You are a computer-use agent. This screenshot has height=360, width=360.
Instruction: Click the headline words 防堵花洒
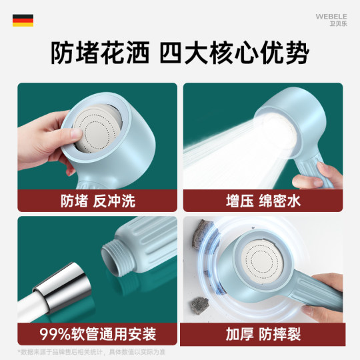click(99, 55)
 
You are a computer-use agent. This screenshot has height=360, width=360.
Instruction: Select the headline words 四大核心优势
click(244, 55)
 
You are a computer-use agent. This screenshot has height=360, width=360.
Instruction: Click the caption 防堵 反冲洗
click(97, 200)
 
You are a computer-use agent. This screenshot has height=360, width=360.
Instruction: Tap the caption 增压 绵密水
click(263, 200)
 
